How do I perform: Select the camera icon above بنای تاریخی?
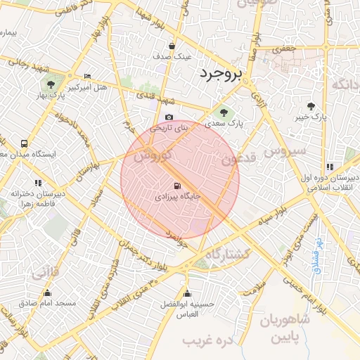tap(169, 117)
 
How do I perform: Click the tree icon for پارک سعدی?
tap(224, 111)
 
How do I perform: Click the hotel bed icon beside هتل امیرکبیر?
tap(87, 76)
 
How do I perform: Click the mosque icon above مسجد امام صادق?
tap(48, 292)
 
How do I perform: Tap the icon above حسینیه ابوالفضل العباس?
tap(186, 294)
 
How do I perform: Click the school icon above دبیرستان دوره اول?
tap(330, 167)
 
